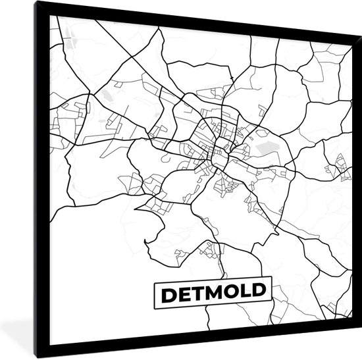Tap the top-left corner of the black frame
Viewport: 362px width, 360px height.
pyautogui.click(x=37, y=2)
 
